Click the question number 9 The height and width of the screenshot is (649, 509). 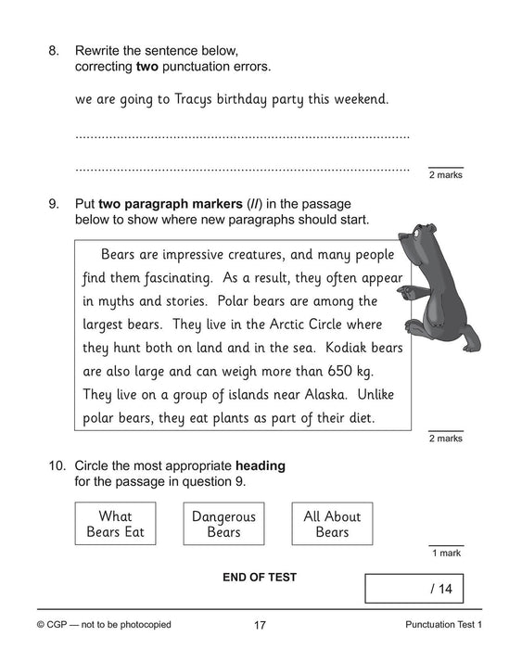[53, 204]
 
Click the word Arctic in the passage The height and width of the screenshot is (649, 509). [248, 324]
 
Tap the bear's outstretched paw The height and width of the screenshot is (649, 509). [401, 295]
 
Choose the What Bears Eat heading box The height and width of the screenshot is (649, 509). [116, 524]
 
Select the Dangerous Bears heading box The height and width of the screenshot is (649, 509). [223, 524]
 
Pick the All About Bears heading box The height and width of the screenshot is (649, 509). [332, 524]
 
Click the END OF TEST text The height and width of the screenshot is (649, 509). [260, 577]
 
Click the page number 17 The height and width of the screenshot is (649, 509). [260, 626]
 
